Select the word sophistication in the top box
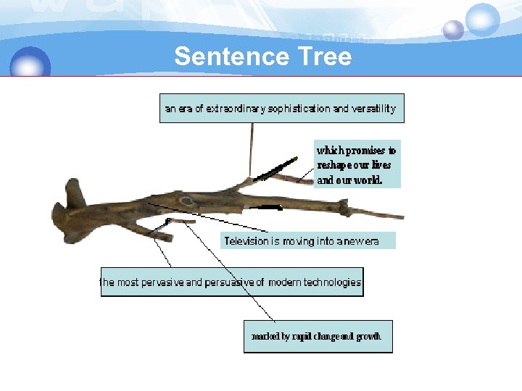(298, 109)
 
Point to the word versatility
(373, 109)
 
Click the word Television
(246, 241)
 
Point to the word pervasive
(161, 282)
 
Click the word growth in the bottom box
(368, 337)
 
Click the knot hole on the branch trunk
(187, 201)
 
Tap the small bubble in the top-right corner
(453, 30)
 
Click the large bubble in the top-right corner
(482, 19)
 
